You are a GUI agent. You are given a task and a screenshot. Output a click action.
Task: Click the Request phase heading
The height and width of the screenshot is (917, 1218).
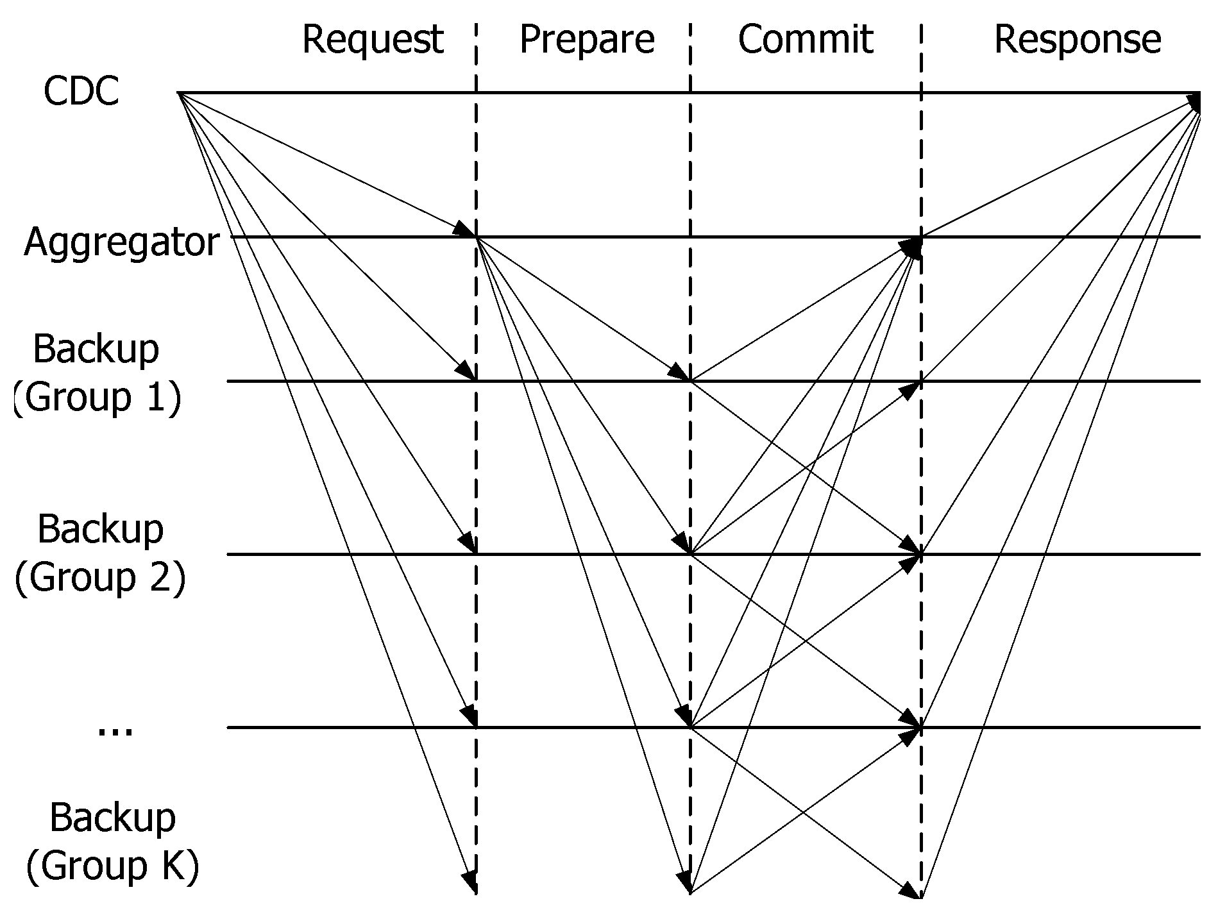click(373, 39)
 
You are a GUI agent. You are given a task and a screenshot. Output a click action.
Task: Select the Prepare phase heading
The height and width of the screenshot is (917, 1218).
click(586, 39)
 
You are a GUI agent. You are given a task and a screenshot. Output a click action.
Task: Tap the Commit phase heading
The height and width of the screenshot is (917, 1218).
click(805, 39)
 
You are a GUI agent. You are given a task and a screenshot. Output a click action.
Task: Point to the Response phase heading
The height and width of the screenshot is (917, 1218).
click(1077, 39)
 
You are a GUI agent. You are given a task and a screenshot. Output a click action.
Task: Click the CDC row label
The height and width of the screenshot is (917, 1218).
click(81, 91)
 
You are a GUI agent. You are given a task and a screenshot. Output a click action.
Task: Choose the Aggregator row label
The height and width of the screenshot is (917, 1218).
click(122, 242)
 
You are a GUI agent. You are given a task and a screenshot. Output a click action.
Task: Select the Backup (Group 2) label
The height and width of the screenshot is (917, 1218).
click(100, 553)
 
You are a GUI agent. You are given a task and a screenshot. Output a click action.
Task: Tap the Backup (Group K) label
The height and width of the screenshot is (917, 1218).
click(112, 841)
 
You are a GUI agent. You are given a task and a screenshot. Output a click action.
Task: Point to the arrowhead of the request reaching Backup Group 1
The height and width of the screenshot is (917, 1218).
click(467, 373)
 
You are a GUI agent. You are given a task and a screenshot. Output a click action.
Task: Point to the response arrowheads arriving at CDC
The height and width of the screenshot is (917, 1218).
click(1194, 103)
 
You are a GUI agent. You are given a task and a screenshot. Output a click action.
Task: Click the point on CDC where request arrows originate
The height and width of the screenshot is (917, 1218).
click(178, 94)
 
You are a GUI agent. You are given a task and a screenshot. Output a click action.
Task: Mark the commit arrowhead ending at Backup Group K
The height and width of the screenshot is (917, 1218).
click(910, 891)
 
